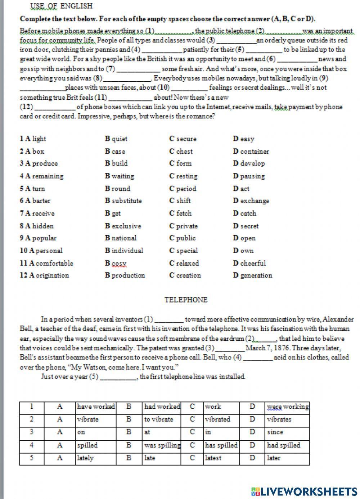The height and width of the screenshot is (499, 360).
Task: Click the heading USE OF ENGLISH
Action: (62, 6)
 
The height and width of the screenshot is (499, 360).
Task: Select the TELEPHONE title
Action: (186, 300)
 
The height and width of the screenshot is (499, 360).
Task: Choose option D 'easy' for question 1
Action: (243, 139)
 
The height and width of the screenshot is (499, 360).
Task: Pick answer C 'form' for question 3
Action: (180, 163)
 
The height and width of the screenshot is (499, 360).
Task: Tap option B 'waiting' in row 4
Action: (120, 176)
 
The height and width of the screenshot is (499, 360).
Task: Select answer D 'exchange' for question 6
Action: (251, 201)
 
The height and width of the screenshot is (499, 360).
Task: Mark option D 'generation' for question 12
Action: (252, 276)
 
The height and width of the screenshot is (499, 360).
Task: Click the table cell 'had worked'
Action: (162, 407)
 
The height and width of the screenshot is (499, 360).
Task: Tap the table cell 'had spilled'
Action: (283, 445)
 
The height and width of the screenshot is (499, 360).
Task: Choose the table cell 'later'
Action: (274, 458)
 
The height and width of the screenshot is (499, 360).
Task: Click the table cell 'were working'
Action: (288, 407)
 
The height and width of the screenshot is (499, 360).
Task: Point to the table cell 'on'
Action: (81, 432)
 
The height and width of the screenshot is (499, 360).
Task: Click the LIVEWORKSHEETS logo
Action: (304, 491)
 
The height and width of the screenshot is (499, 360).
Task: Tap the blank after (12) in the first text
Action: (54, 107)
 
